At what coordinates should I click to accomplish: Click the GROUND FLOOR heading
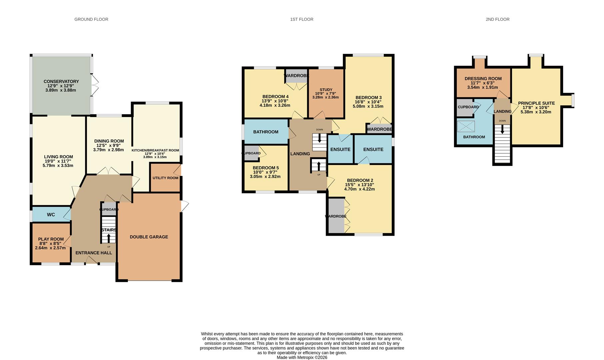pyautogui.click(x=91, y=19)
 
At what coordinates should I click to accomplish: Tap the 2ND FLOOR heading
pyautogui.click(x=497, y=19)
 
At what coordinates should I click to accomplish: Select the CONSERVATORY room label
pyautogui.click(x=61, y=81)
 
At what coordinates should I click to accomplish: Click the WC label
pyautogui.click(x=51, y=215)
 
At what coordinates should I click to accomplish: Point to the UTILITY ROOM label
pyautogui.click(x=166, y=178)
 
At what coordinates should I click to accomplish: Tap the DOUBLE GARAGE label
pyautogui.click(x=149, y=237)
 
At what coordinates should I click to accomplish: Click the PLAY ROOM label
pyautogui.click(x=51, y=239)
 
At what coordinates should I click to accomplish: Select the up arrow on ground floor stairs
pyautogui.click(x=109, y=238)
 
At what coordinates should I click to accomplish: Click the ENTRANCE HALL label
pyautogui.click(x=94, y=253)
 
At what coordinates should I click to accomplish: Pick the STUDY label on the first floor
pyautogui.click(x=326, y=90)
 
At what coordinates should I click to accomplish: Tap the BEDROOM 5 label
pyautogui.click(x=266, y=168)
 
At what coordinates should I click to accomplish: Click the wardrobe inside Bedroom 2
pyautogui.click(x=336, y=216)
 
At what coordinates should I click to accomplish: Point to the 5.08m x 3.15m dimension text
pyautogui.click(x=368, y=107)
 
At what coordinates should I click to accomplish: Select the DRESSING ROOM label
pyautogui.click(x=483, y=79)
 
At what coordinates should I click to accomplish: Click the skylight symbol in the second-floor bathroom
pyautogui.click(x=466, y=127)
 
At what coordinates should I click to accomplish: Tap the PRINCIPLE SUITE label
pyautogui.click(x=536, y=103)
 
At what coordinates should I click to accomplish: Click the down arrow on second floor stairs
pyautogui.click(x=502, y=130)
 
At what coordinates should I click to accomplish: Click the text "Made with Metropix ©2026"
pyautogui.click(x=302, y=358)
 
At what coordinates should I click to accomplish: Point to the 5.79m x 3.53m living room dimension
pyautogui.click(x=58, y=166)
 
